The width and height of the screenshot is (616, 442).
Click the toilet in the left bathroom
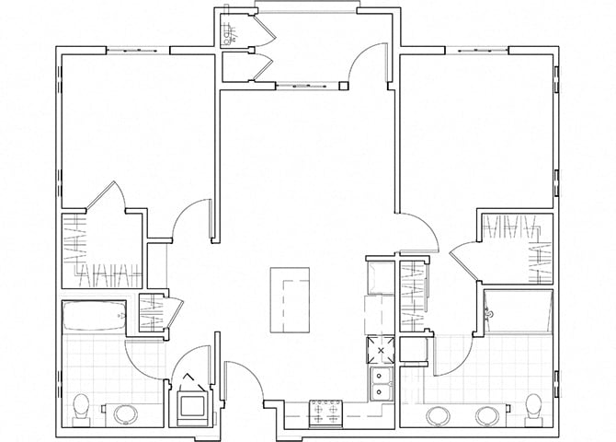[81, 406]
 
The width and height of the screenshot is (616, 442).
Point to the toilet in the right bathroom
[534, 406]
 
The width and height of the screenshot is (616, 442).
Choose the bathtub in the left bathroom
[92, 317]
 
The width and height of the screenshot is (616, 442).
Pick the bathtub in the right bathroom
[518, 310]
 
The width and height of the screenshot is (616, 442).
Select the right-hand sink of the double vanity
[485, 413]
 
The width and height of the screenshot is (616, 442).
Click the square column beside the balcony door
[343, 87]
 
